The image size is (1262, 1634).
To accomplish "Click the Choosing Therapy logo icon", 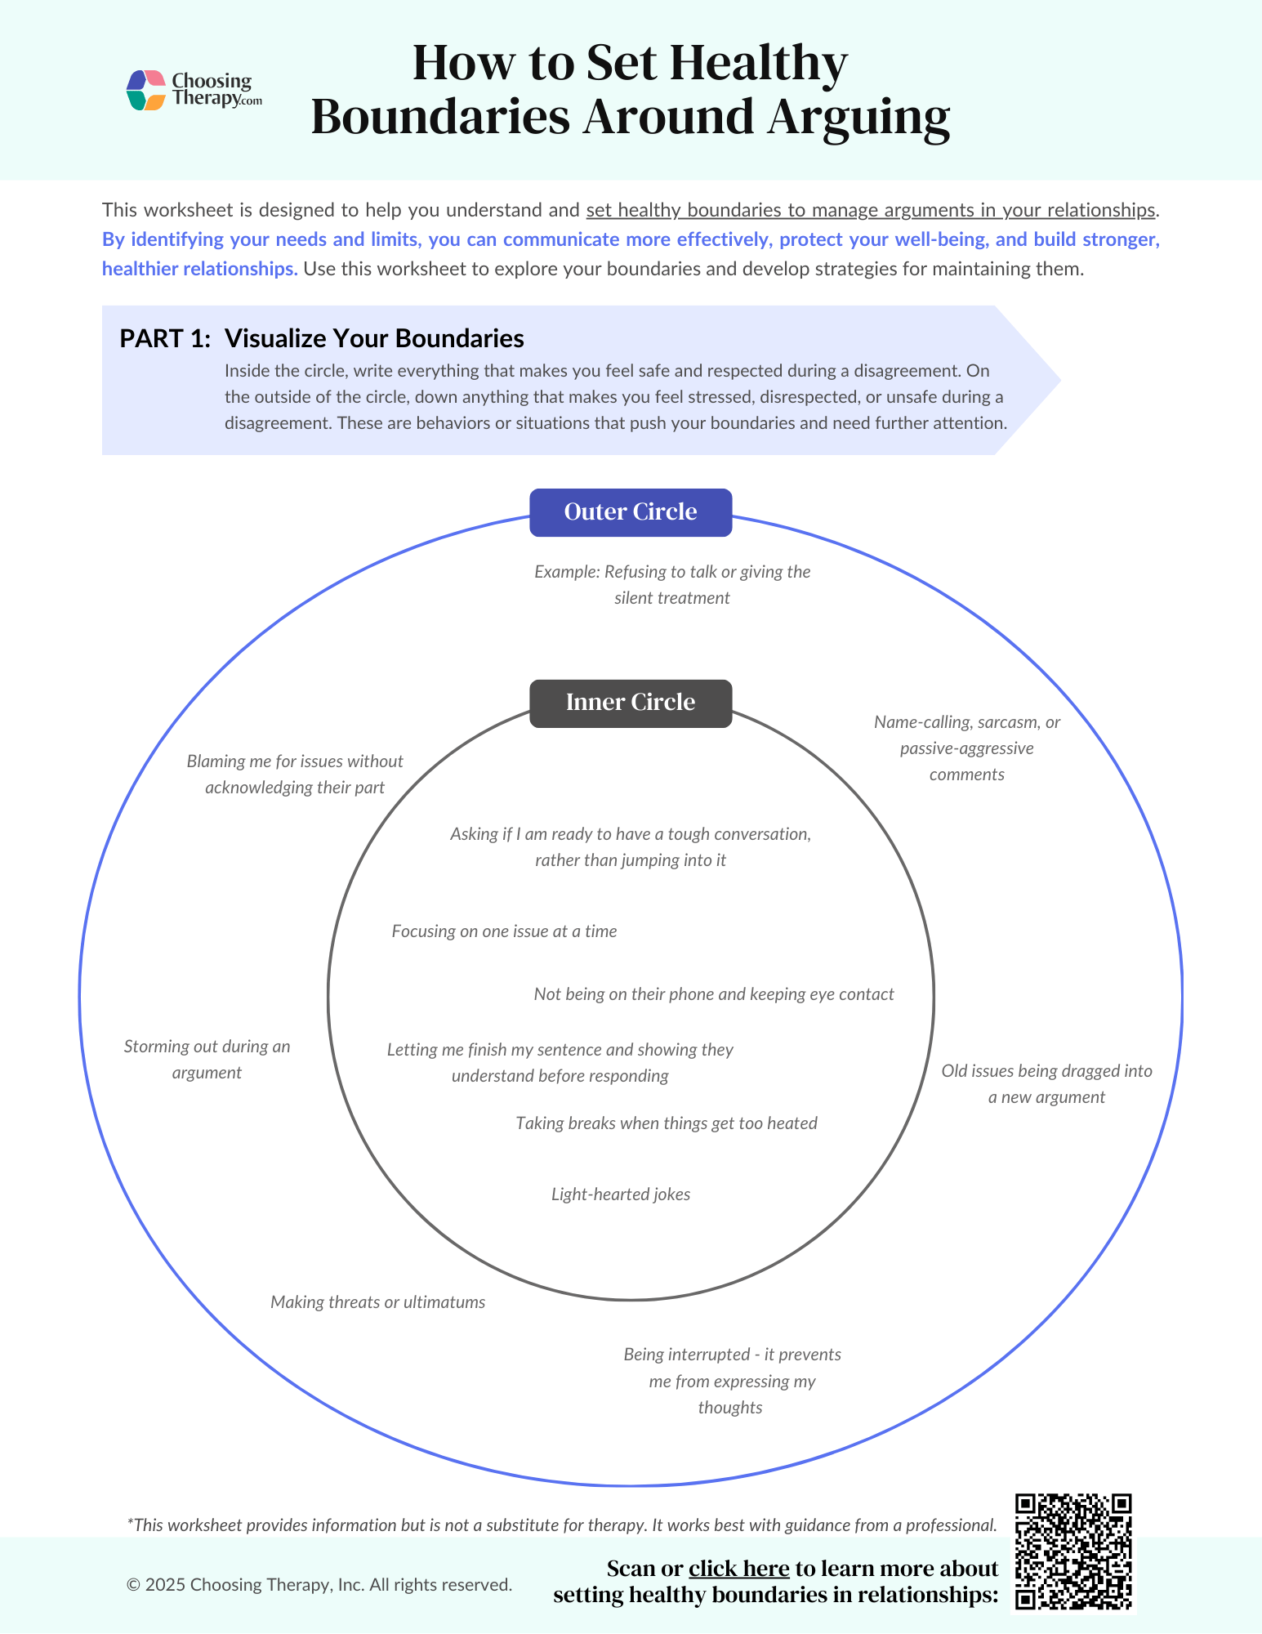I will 146,90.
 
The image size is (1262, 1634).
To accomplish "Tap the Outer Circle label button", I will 630,512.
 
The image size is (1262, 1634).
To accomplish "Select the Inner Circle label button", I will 630,703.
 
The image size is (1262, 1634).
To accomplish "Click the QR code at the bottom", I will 1072,1551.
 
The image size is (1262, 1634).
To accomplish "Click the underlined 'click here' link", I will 738,1569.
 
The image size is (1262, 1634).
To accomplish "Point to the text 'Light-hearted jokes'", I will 620,1194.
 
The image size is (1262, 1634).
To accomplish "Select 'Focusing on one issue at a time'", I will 504,931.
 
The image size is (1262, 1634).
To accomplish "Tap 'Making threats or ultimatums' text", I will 377,1302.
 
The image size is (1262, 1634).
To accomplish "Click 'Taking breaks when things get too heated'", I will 666,1123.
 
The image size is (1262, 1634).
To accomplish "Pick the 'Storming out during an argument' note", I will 207,1060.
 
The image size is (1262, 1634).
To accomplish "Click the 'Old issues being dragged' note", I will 1046,1084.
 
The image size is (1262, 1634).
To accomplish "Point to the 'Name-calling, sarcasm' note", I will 966,748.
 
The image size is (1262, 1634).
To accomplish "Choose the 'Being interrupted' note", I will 732,1381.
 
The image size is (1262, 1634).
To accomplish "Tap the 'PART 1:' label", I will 165,339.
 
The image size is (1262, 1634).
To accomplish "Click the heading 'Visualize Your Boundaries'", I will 374,339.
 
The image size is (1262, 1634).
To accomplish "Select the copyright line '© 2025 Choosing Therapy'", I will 319,1585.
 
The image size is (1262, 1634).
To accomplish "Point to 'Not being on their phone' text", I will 713,994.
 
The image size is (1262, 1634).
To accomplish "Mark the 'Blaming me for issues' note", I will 294,775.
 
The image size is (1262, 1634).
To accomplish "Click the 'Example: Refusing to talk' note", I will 671,585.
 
